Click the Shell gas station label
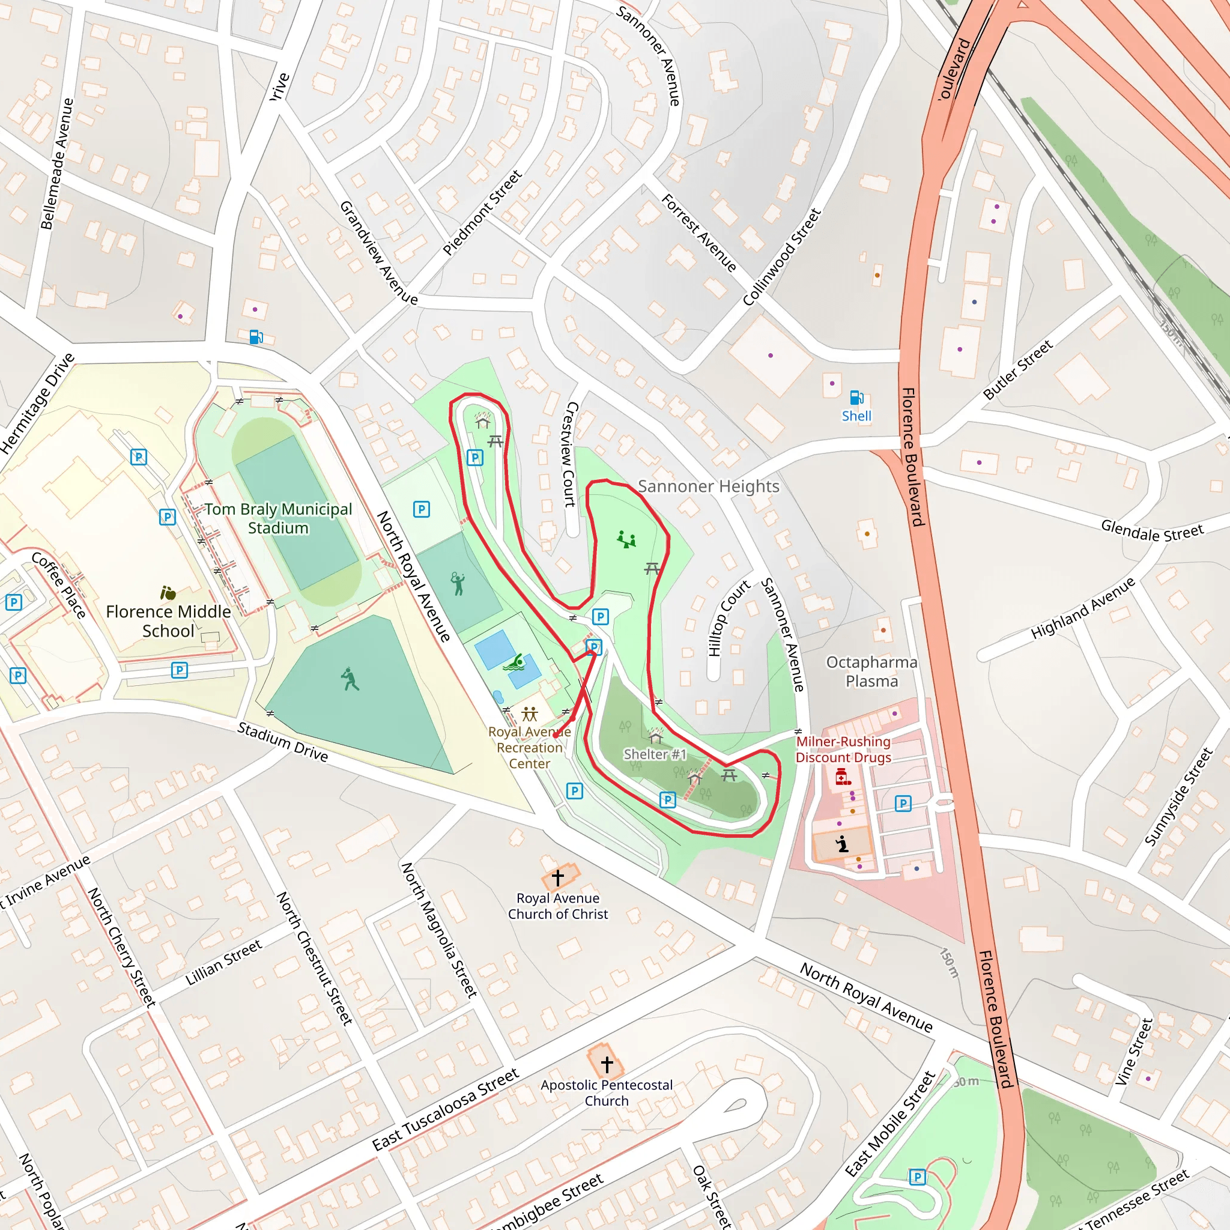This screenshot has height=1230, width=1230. pyautogui.click(x=856, y=416)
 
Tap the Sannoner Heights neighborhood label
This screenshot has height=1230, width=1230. pyautogui.click(x=708, y=486)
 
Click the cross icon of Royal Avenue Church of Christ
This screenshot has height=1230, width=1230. pyautogui.click(x=558, y=877)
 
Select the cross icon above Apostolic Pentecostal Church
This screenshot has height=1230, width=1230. pyautogui.click(x=607, y=1064)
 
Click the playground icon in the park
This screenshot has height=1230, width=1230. pyautogui.click(x=626, y=541)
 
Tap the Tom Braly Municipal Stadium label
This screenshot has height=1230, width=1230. pyautogui.click(x=278, y=518)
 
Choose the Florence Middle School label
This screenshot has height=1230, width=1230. pyautogui.click(x=168, y=621)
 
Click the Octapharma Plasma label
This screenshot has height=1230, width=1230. pyautogui.click(x=871, y=671)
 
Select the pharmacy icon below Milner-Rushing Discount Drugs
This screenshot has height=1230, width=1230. pyautogui.click(x=841, y=776)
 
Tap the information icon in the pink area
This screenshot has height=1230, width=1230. pyautogui.click(x=842, y=844)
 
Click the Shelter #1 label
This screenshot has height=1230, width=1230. pyautogui.click(x=655, y=754)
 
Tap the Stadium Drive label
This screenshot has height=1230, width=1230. pyautogui.click(x=283, y=742)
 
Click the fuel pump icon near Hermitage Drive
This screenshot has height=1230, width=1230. pyautogui.click(x=256, y=337)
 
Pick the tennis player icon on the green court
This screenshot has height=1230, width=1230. pyautogui.click(x=458, y=583)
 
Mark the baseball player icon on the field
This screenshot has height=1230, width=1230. pyautogui.click(x=350, y=679)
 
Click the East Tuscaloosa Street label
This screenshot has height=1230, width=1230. pyautogui.click(x=445, y=1110)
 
